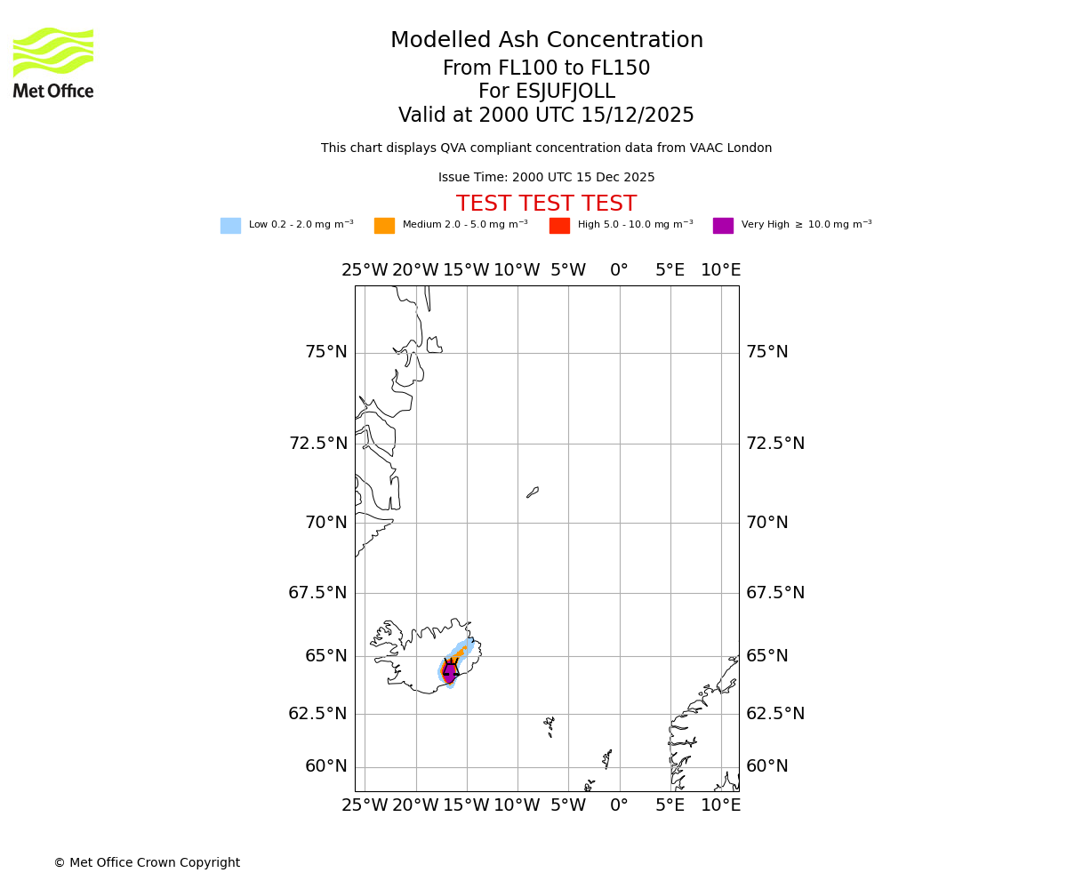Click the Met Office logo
tap(53, 62)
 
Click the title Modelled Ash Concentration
tap(547, 41)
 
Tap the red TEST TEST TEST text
tap(546, 204)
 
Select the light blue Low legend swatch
tap(230, 226)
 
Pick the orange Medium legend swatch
tap(384, 226)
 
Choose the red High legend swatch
tap(559, 226)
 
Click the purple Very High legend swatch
tap(723, 226)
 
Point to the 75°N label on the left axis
tap(325, 352)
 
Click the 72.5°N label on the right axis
tap(774, 443)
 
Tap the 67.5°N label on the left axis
tap(317, 592)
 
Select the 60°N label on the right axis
tap(766, 766)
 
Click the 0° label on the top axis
tap(619, 270)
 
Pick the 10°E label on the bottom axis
tap(720, 805)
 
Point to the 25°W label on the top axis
tap(365, 270)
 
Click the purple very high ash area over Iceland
tap(450, 673)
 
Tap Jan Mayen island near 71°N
tap(533, 492)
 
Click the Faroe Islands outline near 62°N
tap(550, 726)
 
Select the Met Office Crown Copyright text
tap(147, 862)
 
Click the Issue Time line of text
tap(546, 178)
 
